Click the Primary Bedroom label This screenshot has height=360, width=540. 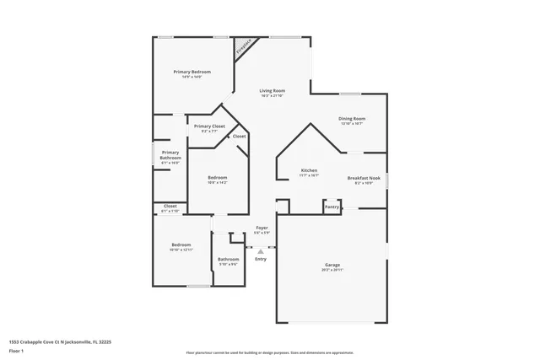point(192,72)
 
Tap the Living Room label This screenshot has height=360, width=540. point(272,90)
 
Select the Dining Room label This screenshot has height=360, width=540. point(353,119)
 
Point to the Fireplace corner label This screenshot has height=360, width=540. point(244,46)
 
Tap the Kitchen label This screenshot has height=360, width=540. point(309,170)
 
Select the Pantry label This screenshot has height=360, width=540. point(332,206)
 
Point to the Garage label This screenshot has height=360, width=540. point(331,265)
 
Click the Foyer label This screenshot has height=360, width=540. point(262,228)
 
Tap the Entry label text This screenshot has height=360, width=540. point(261,259)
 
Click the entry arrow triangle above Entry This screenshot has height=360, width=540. point(261,250)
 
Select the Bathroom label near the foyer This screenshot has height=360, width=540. point(229,259)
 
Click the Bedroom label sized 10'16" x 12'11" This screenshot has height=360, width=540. point(181,245)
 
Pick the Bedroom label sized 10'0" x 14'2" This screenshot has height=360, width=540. point(218,177)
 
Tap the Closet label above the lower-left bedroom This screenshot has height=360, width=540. point(170,206)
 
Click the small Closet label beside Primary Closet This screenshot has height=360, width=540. point(239,136)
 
